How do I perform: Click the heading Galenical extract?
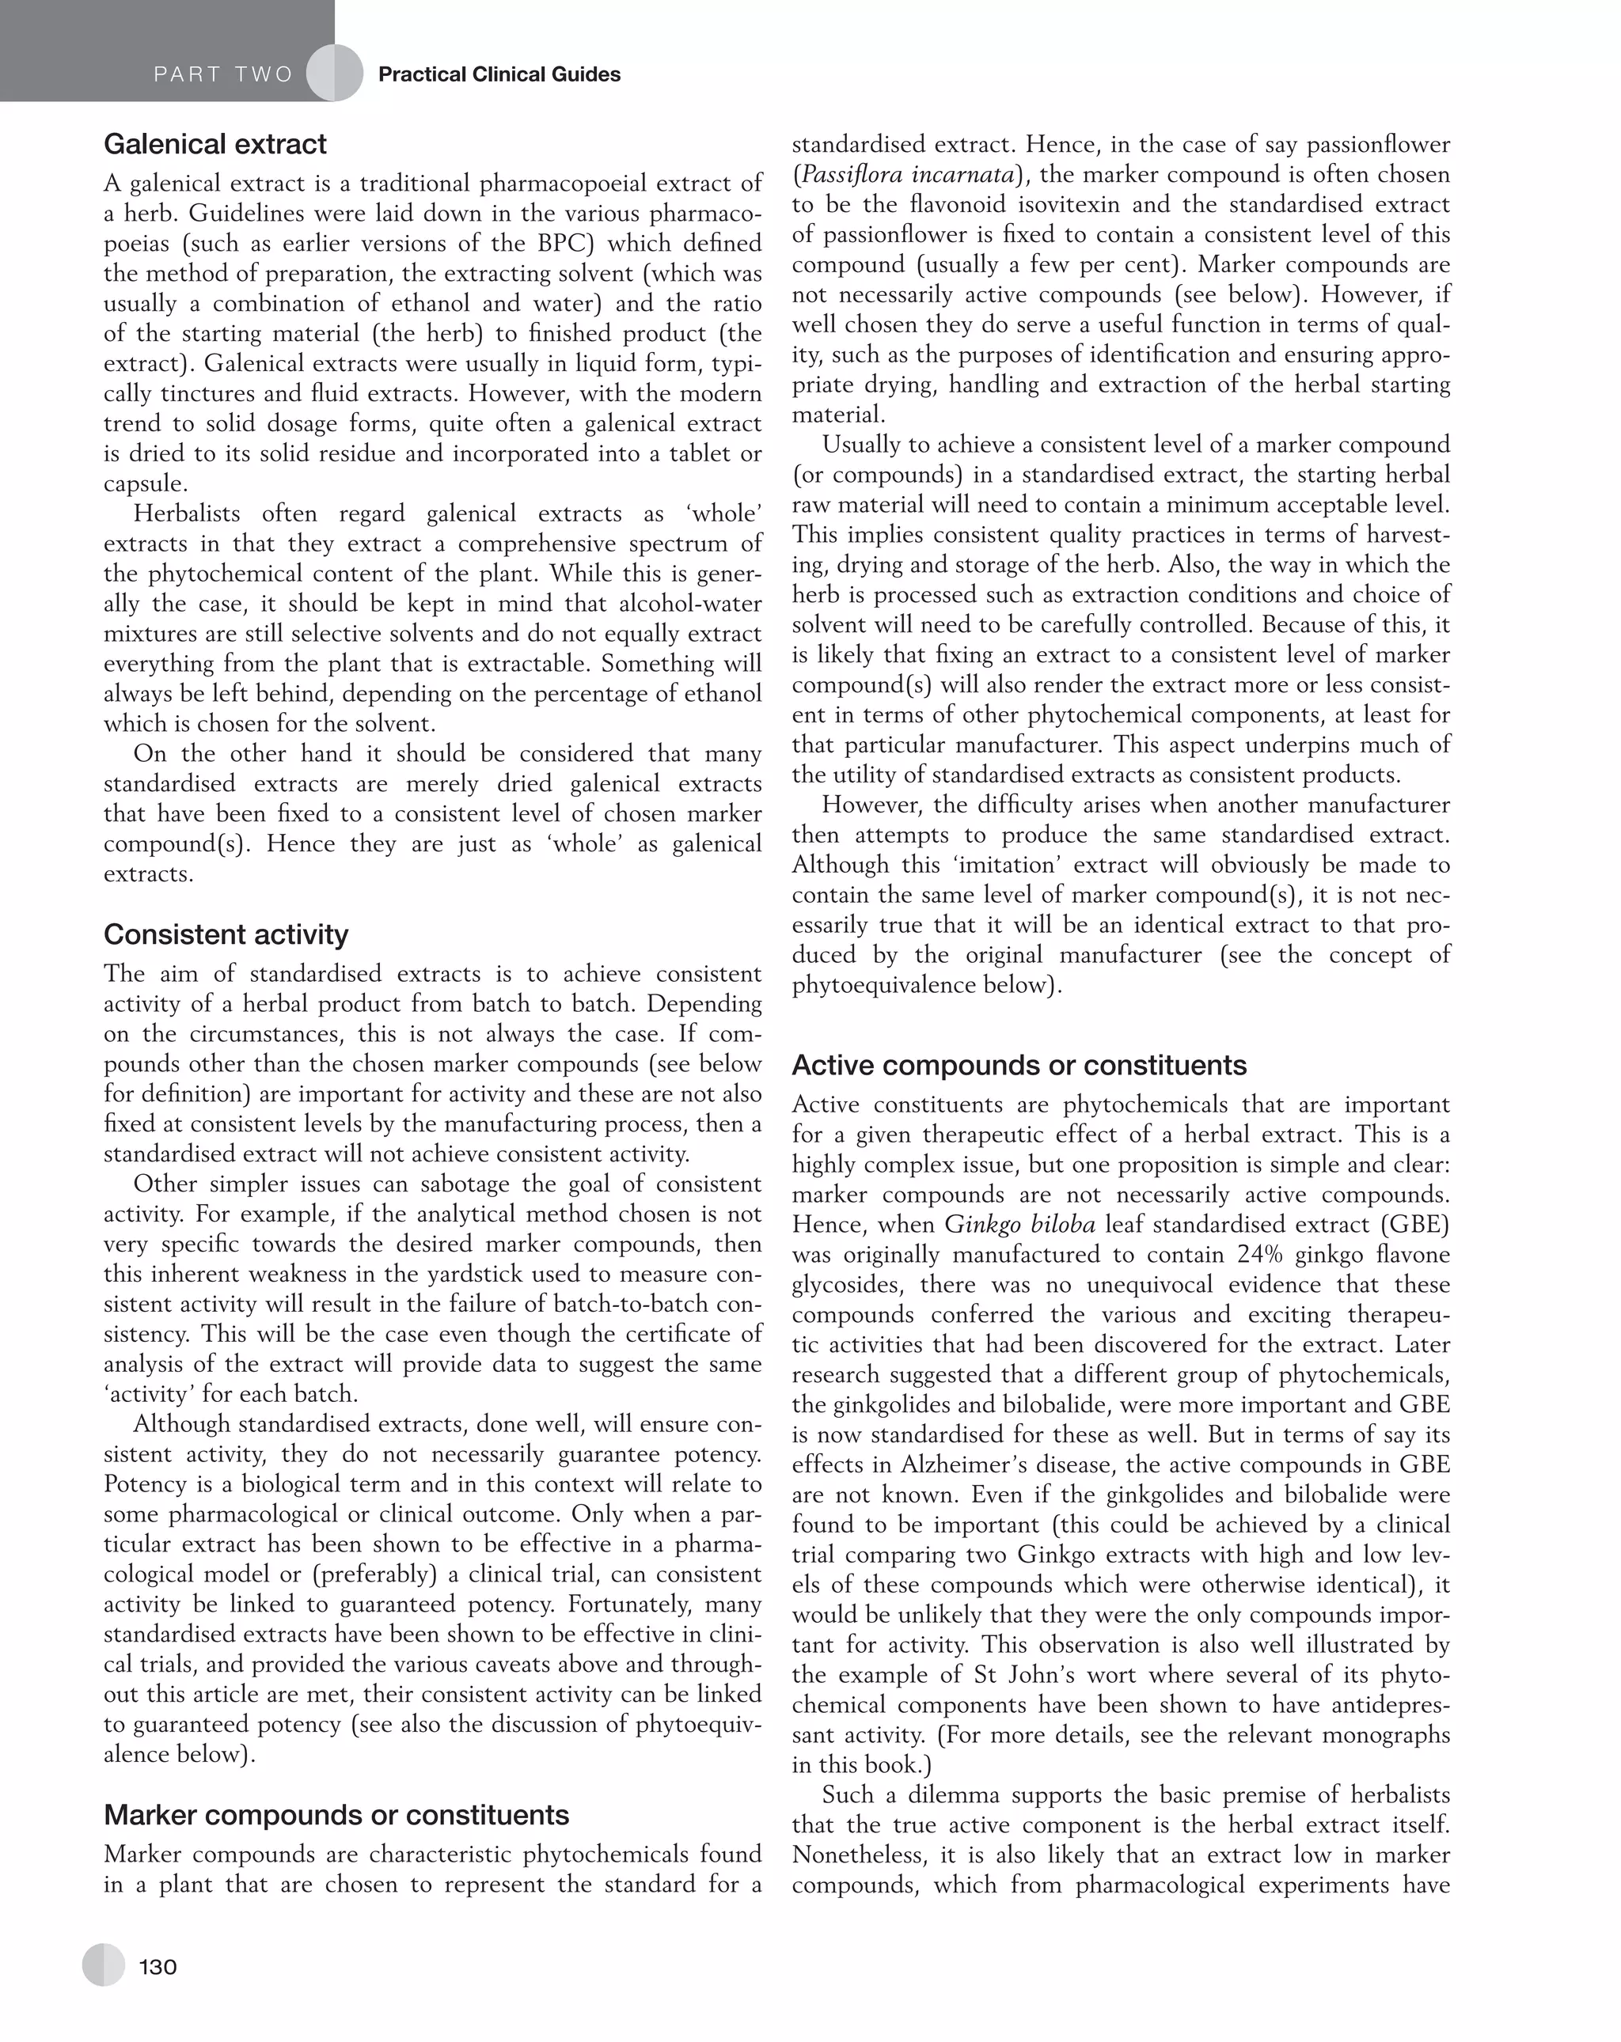coord(215,144)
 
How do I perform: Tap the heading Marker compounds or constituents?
coord(336,1815)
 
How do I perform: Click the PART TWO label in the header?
coord(223,75)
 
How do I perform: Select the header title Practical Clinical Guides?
coord(499,75)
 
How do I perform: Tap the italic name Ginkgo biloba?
coord(1019,1225)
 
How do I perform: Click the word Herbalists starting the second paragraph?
coord(189,513)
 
